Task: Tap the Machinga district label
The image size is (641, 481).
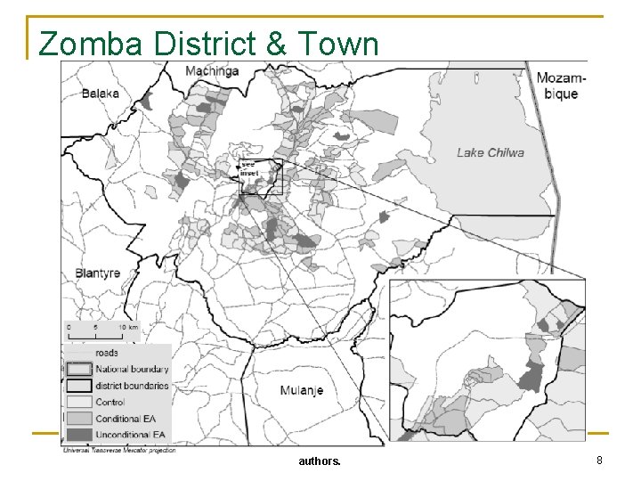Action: pos(212,70)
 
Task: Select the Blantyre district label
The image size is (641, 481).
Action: pos(97,273)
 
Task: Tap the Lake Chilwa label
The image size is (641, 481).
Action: pos(490,152)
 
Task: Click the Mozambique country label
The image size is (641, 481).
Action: pos(558,86)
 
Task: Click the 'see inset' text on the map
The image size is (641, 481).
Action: pos(248,167)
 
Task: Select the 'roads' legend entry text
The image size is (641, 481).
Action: pos(106,353)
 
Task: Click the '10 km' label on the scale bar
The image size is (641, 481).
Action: pos(128,327)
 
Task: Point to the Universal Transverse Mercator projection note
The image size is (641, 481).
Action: pos(118,450)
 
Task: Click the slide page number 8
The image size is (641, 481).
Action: pos(599,461)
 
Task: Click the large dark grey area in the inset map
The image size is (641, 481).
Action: pos(531,377)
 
